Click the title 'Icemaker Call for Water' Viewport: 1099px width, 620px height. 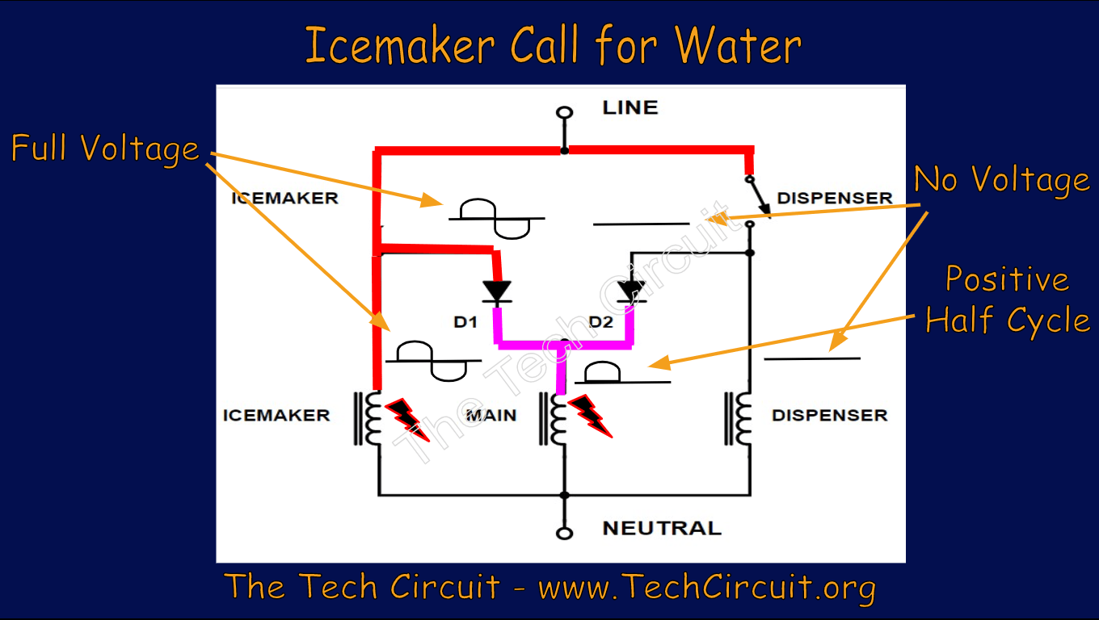point(553,45)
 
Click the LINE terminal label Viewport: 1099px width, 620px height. point(630,107)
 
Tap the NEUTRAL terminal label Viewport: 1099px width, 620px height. point(661,528)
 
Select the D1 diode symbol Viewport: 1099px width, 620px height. point(496,291)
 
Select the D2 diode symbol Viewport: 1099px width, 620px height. point(630,291)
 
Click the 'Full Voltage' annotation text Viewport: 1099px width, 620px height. point(105,149)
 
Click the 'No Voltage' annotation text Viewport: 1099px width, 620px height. point(1001,179)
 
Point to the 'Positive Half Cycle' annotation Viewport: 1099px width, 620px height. point(1007,300)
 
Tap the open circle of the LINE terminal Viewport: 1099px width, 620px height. point(565,112)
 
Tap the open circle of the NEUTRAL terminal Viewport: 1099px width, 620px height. point(565,533)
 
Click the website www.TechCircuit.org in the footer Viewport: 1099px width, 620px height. point(706,587)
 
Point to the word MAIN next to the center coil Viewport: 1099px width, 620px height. point(491,416)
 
